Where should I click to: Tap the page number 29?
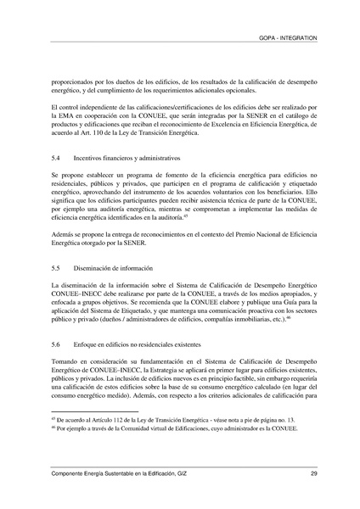(314, 473)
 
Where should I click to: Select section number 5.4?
(56, 158)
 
